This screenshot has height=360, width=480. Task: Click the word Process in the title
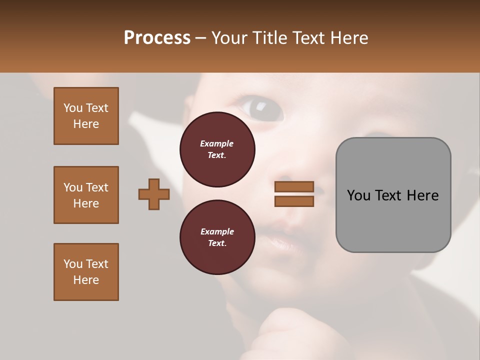157,38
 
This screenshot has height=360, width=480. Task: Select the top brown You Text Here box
86,116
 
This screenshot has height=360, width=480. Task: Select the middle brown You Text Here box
86,195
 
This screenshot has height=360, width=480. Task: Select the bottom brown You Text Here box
86,272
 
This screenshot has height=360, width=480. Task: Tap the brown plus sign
154,194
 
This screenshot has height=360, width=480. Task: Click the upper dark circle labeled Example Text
217,149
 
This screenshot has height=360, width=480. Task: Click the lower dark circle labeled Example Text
217,237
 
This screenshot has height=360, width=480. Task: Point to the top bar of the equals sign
294,187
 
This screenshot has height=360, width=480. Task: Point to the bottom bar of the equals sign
294,201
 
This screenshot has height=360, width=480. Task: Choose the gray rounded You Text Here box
393,195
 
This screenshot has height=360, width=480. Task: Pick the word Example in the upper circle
217,143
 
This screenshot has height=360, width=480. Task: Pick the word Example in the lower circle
217,231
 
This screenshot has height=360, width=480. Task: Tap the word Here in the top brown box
86,124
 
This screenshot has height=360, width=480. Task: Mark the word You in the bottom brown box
72,264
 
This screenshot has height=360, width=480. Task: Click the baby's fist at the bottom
285,330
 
